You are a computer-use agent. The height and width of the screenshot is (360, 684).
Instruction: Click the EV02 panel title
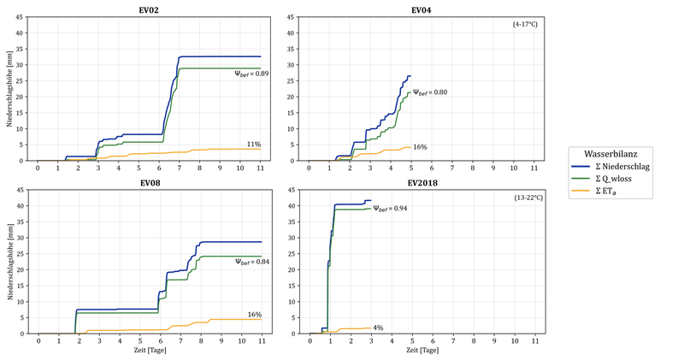(149, 10)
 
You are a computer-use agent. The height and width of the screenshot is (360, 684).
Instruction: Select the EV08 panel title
(149, 184)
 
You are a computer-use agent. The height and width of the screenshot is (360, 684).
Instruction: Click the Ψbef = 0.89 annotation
(252, 74)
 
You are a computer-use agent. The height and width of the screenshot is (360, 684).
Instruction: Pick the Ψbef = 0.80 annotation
(430, 92)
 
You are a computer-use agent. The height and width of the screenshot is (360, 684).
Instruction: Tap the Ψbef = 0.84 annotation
(252, 262)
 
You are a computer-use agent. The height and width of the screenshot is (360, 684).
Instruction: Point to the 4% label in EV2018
(377, 328)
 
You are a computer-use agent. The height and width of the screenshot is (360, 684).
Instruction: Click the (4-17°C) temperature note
(524, 24)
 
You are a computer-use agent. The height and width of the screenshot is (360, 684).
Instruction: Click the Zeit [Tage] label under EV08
(149, 351)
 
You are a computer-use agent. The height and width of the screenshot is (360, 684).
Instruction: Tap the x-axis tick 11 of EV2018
(535, 341)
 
